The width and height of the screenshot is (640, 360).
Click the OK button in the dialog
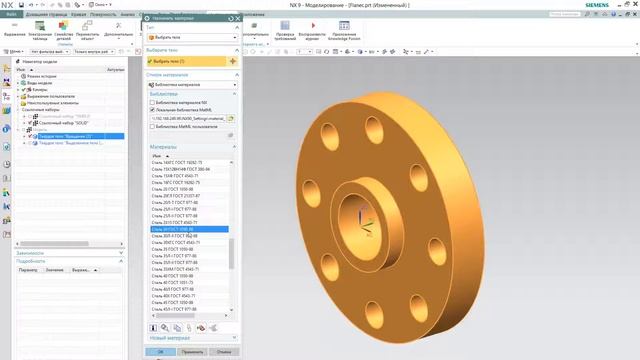(160, 352)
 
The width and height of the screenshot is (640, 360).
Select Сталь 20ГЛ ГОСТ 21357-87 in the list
(176, 196)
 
